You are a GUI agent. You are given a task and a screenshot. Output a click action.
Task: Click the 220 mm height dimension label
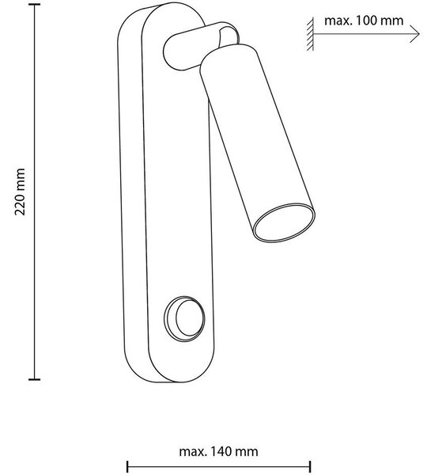[x=20, y=192]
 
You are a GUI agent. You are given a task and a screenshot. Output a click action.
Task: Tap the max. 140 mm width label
[x=218, y=451]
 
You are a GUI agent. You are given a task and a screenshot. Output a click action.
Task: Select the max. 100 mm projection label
[x=364, y=21]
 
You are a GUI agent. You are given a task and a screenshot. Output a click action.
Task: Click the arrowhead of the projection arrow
[x=416, y=34]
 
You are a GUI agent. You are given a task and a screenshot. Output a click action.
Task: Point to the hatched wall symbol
[x=310, y=34]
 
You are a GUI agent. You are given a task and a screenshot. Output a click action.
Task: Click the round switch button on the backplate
[x=184, y=319]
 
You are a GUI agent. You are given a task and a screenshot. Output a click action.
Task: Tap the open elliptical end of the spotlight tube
[x=284, y=222]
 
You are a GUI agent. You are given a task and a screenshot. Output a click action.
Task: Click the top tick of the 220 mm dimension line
[x=34, y=5]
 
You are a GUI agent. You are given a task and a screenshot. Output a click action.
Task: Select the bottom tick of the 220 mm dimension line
[x=34, y=379]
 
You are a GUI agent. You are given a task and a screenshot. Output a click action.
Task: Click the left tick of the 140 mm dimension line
[x=127, y=466]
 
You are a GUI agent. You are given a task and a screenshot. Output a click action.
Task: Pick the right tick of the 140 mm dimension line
[x=310, y=466]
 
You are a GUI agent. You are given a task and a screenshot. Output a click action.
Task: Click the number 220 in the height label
[x=20, y=206]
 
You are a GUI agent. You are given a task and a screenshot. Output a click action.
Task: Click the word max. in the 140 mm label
[x=193, y=452]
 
